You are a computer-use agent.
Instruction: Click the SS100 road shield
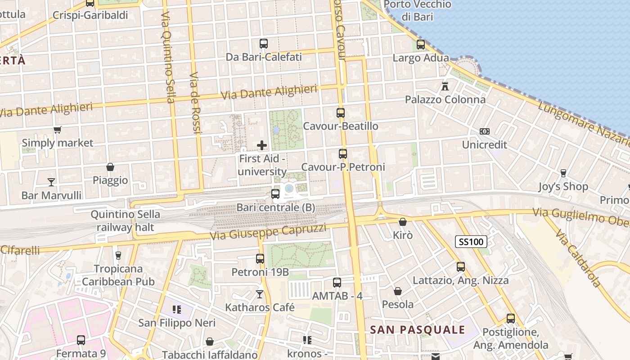(471, 242)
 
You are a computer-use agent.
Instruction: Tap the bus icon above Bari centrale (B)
(275, 194)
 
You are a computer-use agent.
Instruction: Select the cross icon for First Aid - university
(262, 145)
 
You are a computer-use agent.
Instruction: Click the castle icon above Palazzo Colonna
(445, 86)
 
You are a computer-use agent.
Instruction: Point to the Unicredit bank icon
(485, 131)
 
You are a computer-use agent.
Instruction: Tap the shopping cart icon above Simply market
(57, 130)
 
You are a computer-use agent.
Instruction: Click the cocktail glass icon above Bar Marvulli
(51, 182)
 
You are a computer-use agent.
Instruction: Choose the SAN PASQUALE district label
(418, 329)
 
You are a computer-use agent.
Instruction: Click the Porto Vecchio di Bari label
(418, 11)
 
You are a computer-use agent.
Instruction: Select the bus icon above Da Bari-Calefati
(264, 44)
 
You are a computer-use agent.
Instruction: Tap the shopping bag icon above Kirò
(403, 222)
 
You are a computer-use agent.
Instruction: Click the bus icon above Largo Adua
(421, 45)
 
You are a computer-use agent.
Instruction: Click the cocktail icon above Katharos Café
(260, 294)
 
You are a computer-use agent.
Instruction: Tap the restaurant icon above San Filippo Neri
(176, 310)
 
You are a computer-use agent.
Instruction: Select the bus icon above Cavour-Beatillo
(341, 113)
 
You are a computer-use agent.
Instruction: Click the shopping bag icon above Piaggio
(110, 167)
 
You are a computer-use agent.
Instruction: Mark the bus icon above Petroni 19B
(260, 259)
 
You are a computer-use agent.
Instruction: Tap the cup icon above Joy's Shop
(563, 173)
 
